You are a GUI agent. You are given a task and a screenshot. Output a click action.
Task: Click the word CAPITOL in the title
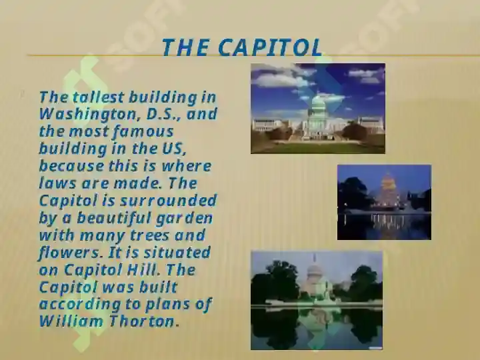[x=271, y=47]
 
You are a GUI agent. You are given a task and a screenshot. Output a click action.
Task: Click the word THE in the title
[x=185, y=47]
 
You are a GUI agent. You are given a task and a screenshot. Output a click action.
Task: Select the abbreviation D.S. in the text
[x=164, y=114]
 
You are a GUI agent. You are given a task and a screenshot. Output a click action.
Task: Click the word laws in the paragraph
[x=57, y=183]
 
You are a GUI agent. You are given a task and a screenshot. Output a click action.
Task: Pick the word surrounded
[x=168, y=201]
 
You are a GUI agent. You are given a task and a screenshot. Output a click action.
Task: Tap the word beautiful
[x=113, y=218]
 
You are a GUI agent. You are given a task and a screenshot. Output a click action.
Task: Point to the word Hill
[x=143, y=270]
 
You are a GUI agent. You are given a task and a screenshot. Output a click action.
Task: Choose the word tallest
[x=98, y=97]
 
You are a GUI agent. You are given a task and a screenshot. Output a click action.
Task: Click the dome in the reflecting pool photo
[x=315, y=271]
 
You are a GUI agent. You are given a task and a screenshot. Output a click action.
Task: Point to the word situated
[x=177, y=253]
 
